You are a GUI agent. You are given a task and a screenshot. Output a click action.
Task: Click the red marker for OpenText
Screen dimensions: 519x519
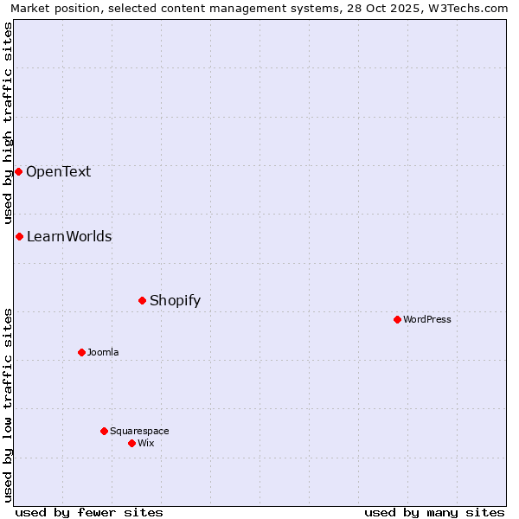coord(18,171)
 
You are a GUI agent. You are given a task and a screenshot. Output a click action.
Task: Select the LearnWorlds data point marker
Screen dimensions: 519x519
coord(19,236)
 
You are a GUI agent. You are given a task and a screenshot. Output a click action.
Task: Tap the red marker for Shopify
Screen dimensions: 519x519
coord(143,300)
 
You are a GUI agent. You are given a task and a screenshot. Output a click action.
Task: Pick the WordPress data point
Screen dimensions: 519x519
coord(397,319)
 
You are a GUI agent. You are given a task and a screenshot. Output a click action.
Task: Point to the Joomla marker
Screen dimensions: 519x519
coord(81,352)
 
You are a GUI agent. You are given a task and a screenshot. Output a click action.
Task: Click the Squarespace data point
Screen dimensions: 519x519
coord(104,431)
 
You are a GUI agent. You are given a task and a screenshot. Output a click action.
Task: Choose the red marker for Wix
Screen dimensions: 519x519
coord(131,443)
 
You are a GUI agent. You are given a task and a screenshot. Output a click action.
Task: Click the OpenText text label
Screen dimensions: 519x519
coord(58,171)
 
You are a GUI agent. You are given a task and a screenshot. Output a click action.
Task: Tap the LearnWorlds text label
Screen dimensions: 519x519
coord(69,236)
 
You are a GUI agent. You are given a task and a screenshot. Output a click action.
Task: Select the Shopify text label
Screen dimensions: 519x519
coord(175,300)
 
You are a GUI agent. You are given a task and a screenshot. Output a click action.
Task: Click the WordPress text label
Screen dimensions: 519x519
coord(427,319)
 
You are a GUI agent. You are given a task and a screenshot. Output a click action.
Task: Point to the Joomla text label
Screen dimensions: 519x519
coord(103,352)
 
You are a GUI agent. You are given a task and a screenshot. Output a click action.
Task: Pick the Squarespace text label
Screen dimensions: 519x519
coord(139,431)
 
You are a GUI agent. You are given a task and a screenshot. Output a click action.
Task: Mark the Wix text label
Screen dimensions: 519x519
coord(146,443)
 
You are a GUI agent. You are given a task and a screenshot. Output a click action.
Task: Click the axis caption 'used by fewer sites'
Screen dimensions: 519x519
coord(89,512)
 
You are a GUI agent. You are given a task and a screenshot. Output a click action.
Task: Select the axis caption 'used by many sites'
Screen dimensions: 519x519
coord(434,512)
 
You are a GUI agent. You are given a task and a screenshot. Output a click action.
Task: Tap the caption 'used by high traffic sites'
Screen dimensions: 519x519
coord(8,124)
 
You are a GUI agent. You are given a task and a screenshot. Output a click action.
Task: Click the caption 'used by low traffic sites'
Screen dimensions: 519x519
coord(8,405)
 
